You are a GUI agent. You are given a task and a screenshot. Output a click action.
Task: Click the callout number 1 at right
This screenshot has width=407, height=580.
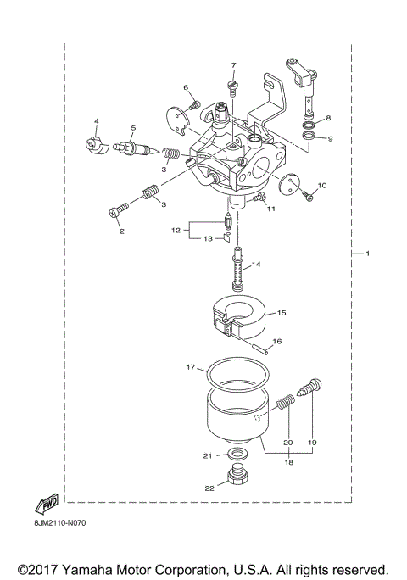[x=367, y=254]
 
